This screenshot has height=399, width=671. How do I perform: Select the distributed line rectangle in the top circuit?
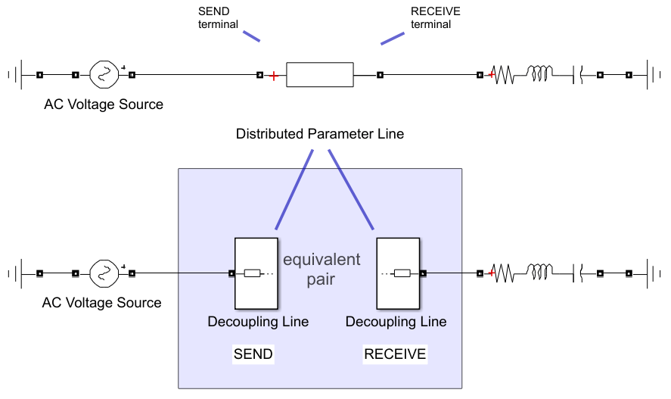[320, 75]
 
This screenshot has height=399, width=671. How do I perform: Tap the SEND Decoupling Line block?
[256, 273]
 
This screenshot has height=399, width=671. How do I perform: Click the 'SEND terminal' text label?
[218, 18]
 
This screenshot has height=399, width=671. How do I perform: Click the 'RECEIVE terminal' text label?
[435, 18]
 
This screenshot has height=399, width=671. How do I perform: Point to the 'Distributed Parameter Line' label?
[320, 134]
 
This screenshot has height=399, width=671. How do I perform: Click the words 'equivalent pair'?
[322, 270]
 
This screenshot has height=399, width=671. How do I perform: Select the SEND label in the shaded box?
[253, 354]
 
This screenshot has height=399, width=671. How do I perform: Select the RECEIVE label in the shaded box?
[395, 354]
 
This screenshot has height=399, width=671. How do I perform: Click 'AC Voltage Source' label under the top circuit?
[104, 104]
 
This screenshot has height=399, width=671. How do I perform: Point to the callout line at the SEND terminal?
[252, 36]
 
